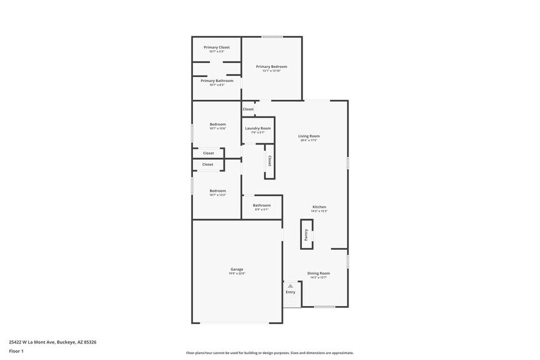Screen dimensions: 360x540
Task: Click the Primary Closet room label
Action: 217,47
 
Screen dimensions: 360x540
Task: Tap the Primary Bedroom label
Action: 271,67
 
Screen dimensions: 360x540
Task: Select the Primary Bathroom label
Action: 217,81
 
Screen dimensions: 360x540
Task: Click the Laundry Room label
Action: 258,129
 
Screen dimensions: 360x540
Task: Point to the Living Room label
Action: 309,136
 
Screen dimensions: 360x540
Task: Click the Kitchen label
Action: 320,207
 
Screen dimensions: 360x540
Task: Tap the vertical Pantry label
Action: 306,234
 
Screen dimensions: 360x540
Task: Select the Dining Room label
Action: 318,273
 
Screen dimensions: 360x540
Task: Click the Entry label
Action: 290,292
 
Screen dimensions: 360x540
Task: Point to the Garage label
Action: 237,269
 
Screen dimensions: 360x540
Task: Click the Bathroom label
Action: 261,205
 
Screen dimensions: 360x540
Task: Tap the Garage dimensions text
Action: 237,274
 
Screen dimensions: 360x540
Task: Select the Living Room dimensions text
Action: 309,140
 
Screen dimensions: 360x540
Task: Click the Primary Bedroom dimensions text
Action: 271,71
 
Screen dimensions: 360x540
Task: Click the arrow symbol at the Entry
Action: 290,286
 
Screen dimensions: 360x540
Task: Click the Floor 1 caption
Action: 16,351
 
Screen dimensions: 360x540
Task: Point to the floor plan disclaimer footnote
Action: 269,353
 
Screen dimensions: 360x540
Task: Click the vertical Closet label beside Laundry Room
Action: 269,160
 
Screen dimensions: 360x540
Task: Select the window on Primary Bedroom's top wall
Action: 272,37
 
